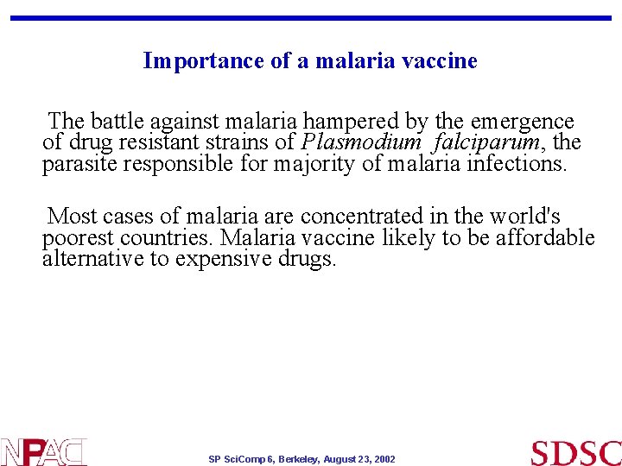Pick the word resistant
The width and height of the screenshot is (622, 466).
[149, 142]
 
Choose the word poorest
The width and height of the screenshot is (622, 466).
[79, 237]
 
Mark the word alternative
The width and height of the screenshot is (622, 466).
[94, 258]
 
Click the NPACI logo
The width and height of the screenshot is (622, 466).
[44, 451]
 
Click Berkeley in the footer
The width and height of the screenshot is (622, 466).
[295, 460]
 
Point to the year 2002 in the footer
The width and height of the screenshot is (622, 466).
[384, 460]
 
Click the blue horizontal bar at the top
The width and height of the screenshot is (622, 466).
[311, 17]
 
